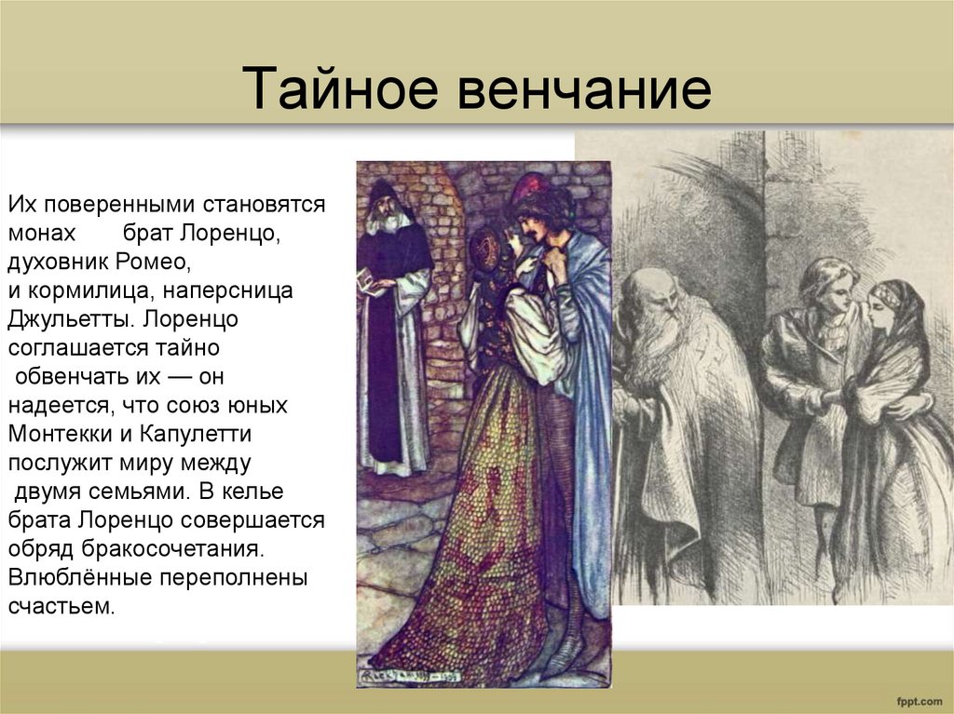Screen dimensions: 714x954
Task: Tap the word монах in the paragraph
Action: [x=41, y=234]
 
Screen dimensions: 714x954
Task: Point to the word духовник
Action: [x=57, y=261]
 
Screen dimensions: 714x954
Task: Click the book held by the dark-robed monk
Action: [x=372, y=285]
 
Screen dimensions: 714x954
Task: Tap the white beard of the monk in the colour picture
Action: [x=390, y=222]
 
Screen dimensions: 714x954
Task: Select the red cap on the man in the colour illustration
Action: [x=529, y=186]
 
